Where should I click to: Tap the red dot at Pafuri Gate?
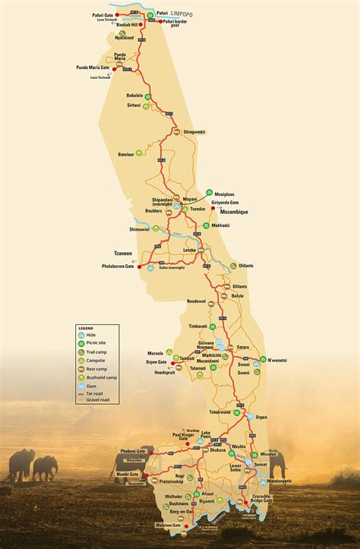pos(117,14)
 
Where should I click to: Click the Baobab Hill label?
pos(125,24)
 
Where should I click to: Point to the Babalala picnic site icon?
pos(147,96)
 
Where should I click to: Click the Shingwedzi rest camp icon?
pos(177,132)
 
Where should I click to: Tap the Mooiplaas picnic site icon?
pos(209,193)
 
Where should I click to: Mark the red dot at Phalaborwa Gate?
pos(139,267)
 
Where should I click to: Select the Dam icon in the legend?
pos(81,385)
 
